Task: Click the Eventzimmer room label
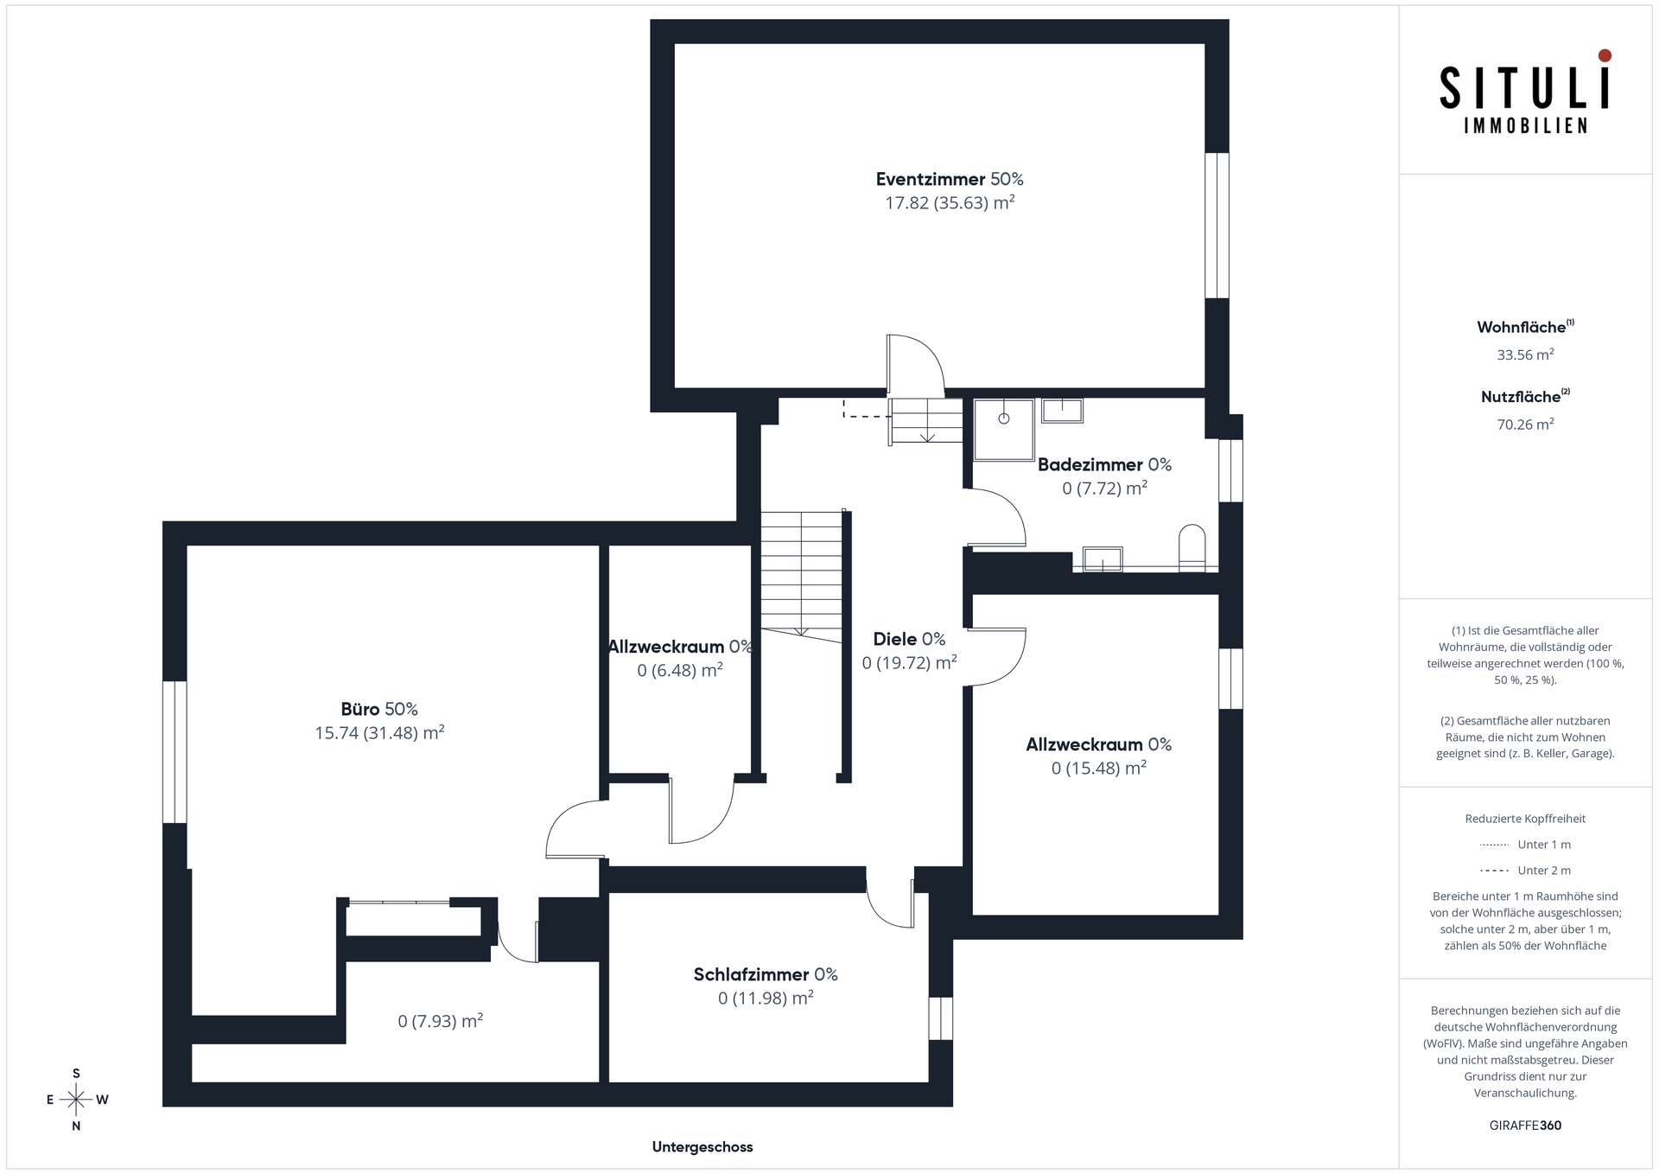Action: pyautogui.click(x=950, y=179)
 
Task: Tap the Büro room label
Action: pyautogui.click(x=379, y=709)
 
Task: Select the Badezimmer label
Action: pyautogui.click(x=1104, y=464)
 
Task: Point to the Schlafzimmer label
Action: pyautogui.click(x=766, y=974)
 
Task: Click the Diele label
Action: pyautogui.click(x=909, y=639)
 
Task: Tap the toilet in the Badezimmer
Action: pyautogui.click(x=1192, y=547)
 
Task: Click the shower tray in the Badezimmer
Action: pyautogui.click(x=1004, y=430)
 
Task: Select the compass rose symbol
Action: pyautogui.click(x=76, y=1100)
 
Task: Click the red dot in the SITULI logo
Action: pyautogui.click(x=1605, y=55)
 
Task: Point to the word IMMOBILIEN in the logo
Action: pyautogui.click(x=1525, y=126)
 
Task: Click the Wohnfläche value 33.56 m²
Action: pyautogui.click(x=1525, y=354)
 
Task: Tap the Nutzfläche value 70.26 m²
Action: pyautogui.click(x=1525, y=424)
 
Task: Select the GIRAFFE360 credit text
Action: pyautogui.click(x=1525, y=1126)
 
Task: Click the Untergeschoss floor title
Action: pyautogui.click(x=702, y=1147)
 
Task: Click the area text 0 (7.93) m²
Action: pyautogui.click(x=441, y=1021)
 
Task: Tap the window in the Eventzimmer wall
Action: pyautogui.click(x=1217, y=226)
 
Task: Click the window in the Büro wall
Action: pyautogui.click(x=175, y=752)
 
